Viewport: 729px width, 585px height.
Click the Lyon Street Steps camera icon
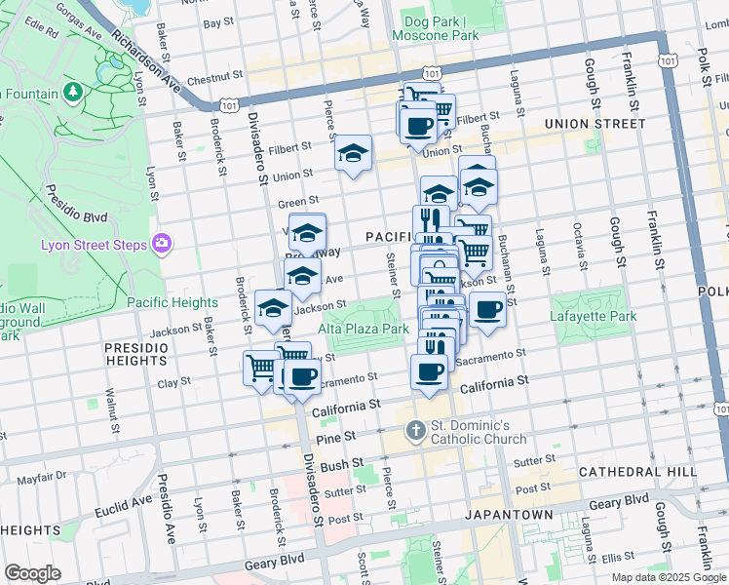pyautogui.click(x=161, y=244)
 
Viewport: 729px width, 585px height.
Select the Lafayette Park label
pyautogui.click(x=593, y=317)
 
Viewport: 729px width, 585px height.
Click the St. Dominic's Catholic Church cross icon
pyautogui.click(x=415, y=429)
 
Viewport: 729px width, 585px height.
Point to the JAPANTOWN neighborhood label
pyautogui.click(x=508, y=514)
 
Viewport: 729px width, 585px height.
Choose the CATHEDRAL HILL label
pyautogui.click(x=636, y=472)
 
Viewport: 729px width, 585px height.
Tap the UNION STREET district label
pyautogui.click(x=595, y=124)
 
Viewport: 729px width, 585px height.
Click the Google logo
pyautogui.click(x=32, y=573)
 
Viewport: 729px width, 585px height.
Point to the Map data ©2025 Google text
pyautogui.click(x=669, y=577)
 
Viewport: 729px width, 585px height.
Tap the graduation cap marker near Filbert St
pyautogui.click(x=353, y=153)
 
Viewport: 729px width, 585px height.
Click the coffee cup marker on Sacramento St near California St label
pyautogui.click(x=429, y=370)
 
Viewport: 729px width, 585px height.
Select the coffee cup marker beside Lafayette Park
pyautogui.click(x=487, y=310)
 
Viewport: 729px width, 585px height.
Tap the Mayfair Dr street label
pyautogui.click(x=39, y=478)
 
